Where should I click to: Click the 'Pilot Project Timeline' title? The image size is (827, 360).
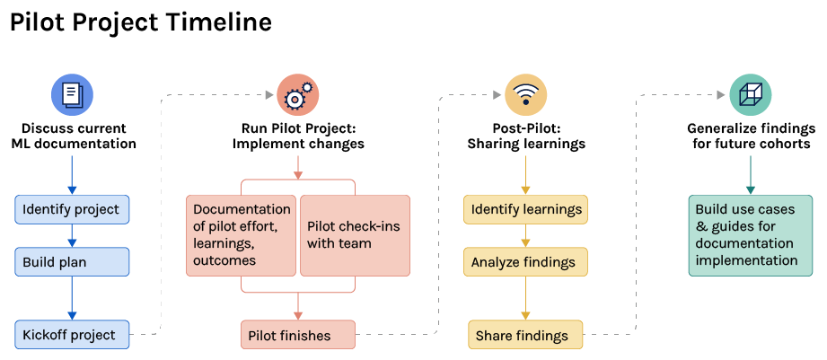[141, 22]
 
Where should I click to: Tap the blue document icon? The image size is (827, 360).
[73, 93]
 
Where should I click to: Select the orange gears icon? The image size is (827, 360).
[298, 93]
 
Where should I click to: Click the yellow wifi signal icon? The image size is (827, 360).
[525, 93]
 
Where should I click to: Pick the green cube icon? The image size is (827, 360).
[750, 93]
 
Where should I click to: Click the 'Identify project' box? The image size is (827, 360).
[73, 209]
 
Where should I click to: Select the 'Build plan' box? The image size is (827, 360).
[73, 261]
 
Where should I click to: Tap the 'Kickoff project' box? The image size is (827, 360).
[73, 335]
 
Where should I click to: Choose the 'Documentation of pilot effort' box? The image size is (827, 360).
[242, 235]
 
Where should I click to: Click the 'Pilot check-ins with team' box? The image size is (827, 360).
[355, 235]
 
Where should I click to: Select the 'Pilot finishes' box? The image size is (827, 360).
[298, 335]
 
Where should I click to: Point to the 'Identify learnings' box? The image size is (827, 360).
[525, 209]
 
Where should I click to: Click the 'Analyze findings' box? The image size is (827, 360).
[525, 261]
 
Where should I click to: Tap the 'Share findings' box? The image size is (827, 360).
[525, 335]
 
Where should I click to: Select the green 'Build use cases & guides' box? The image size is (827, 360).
[750, 235]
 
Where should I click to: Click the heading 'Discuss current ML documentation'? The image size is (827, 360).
[73, 136]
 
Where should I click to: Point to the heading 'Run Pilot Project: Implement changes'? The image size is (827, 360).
[298, 136]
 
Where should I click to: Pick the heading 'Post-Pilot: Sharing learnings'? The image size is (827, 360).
[525, 136]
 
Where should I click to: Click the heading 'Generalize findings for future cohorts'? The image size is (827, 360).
[750, 136]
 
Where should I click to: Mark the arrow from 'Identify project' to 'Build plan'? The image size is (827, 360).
[73, 235]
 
